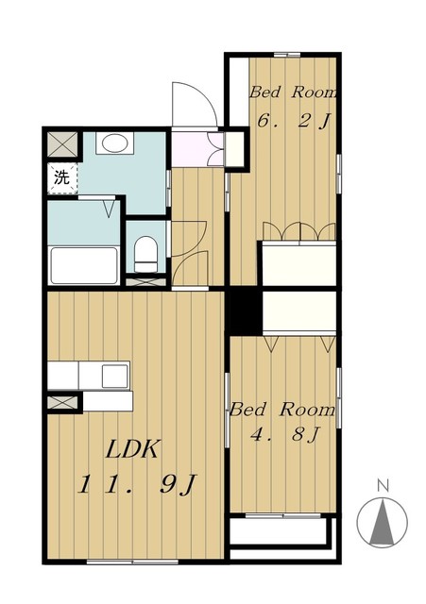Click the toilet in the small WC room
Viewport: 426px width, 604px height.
[146, 254]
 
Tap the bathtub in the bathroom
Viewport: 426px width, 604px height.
[84, 265]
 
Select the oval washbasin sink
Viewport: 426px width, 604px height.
[114, 143]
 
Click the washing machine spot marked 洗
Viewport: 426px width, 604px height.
[62, 177]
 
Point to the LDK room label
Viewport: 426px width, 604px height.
[132, 449]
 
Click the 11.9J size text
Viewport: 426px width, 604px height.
[138, 484]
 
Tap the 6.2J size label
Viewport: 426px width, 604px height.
[294, 122]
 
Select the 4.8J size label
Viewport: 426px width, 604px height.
[285, 435]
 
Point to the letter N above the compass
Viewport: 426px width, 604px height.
[383, 485]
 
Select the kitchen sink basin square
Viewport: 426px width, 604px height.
[114, 376]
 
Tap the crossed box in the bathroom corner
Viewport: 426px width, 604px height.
[63, 144]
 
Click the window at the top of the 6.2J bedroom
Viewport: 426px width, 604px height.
[287, 55]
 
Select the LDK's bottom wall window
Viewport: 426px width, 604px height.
[132, 562]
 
